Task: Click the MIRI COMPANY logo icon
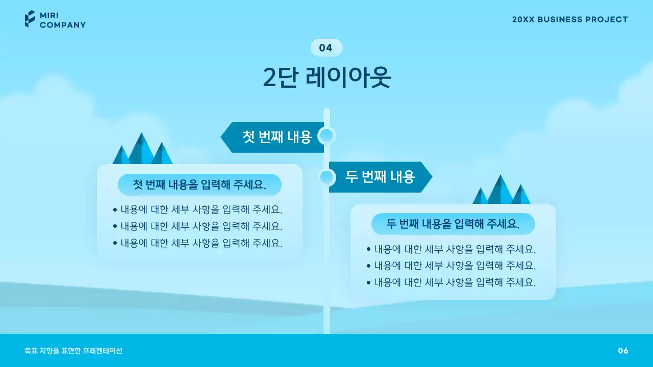(x=30, y=19)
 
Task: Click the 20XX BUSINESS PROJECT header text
(x=570, y=19)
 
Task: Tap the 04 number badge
(x=326, y=48)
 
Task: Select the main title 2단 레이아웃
(x=326, y=77)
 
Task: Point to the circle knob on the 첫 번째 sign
(x=326, y=136)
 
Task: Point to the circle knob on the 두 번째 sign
(x=327, y=177)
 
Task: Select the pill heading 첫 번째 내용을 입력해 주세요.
(x=199, y=185)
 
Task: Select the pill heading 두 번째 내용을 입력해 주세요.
(x=453, y=224)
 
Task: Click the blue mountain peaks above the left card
(x=142, y=150)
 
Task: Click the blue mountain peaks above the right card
(x=501, y=191)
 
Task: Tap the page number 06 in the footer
(x=623, y=351)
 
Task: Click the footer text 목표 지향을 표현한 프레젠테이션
(x=73, y=351)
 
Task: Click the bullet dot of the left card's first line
(x=115, y=209)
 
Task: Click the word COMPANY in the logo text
(x=63, y=24)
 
